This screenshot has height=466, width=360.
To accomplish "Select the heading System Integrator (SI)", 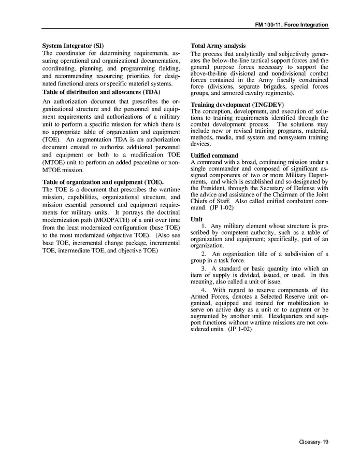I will tap(73, 46).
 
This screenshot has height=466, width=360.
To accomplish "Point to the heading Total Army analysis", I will tap(218, 46).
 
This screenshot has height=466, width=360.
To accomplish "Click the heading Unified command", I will tap(214, 156).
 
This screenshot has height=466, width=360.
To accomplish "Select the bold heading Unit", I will tap(196, 219).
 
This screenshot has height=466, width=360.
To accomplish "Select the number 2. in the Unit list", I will tap(204, 253).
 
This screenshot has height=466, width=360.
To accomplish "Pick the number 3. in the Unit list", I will tap(204, 268).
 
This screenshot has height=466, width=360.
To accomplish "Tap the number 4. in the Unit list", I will tap(204, 290).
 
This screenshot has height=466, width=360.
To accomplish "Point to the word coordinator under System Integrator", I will tap(70, 53).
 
